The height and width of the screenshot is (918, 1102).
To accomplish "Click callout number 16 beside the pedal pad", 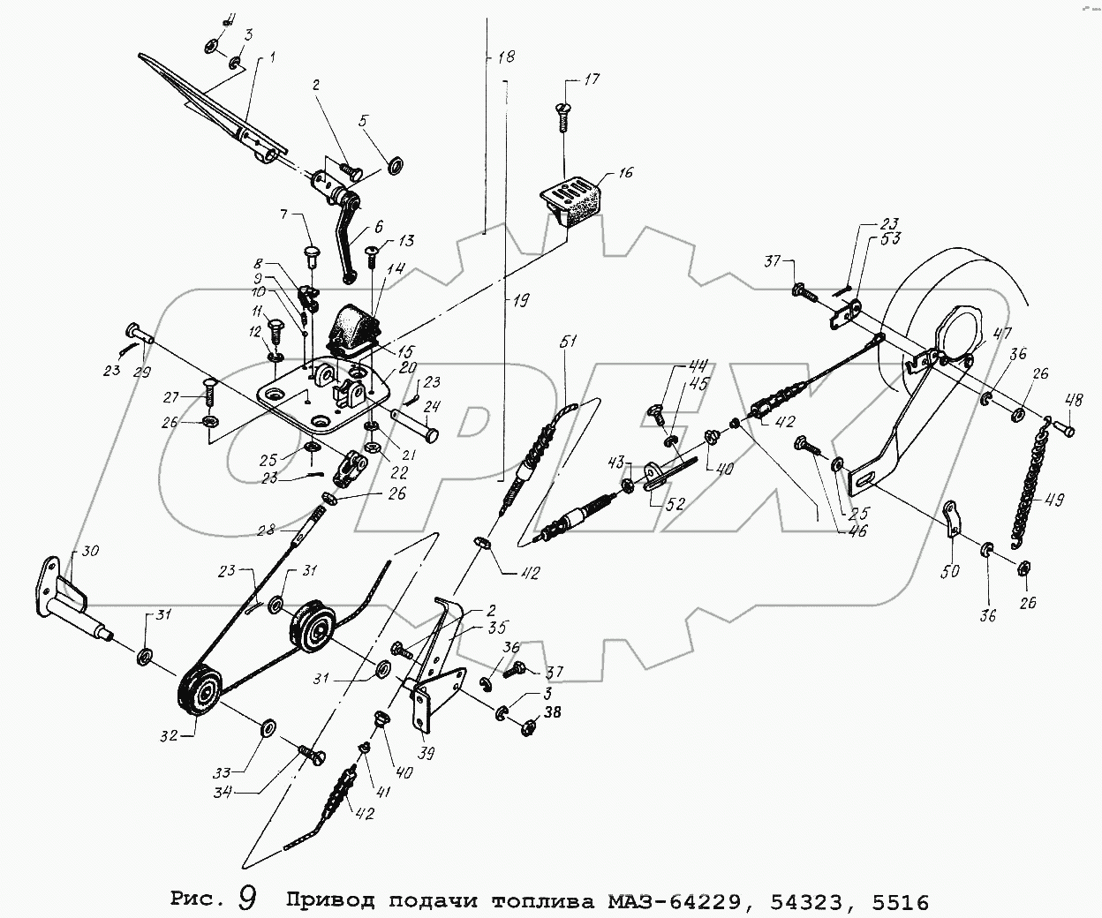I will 625,173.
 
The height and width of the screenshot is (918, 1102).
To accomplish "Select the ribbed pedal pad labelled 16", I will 571,200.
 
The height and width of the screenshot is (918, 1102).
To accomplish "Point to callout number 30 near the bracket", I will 90,551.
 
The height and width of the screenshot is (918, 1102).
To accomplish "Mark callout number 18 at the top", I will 506,57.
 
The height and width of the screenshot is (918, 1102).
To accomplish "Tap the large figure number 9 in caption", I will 247,899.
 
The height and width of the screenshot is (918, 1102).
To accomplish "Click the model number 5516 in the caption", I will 900,901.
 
